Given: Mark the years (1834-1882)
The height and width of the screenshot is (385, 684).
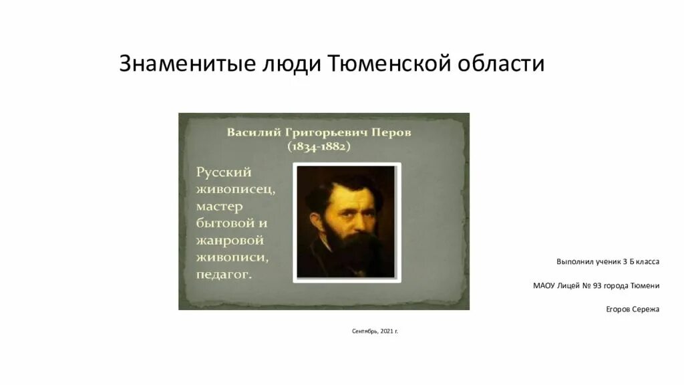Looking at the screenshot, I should [x=319, y=146].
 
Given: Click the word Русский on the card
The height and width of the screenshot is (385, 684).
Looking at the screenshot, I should [x=224, y=172].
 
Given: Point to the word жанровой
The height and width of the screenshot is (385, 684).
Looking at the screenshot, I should [x=230, y=241].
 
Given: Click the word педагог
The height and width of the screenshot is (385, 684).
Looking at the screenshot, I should [x=224, y=275].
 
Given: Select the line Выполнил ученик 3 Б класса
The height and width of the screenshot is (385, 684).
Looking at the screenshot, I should [x=607, y=261].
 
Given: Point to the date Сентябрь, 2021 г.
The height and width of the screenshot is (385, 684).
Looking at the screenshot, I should [x=375, y=331].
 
